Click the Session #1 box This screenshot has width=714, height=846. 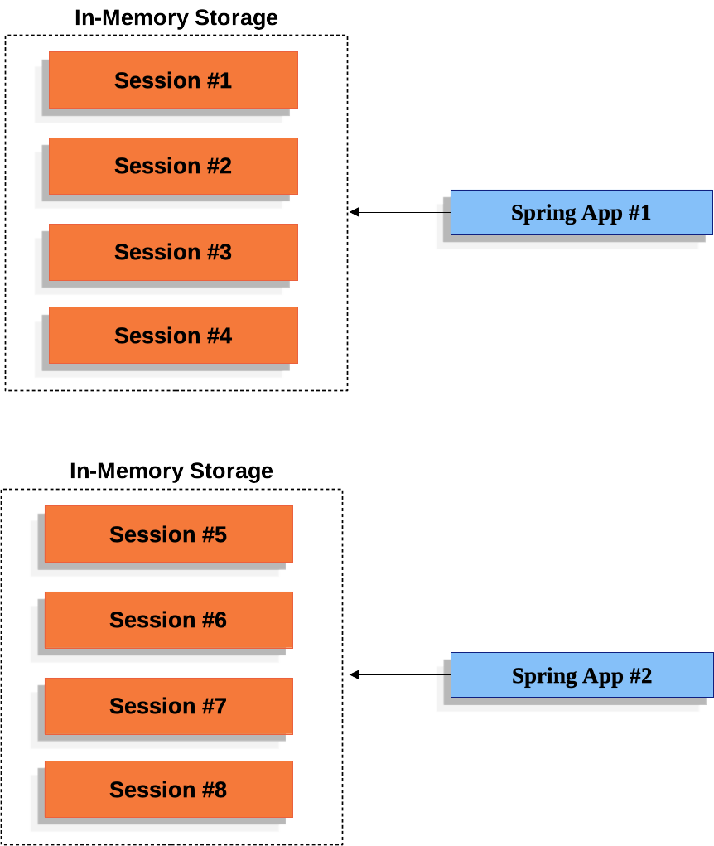coord(173,80)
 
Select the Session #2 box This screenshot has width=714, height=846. coord(173,166)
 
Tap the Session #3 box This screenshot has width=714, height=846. coord(173,252)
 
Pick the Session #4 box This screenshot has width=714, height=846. coord(173,336)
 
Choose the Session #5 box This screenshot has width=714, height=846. coord(168,534)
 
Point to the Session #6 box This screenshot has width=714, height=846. coord(168,620)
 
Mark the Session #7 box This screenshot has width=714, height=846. coord(168,706)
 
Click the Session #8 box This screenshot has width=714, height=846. coord(168,790)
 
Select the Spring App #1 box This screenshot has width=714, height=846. coord(581,213)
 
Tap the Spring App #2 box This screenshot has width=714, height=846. coord(581,675)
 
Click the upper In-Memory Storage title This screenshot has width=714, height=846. coord(176,18)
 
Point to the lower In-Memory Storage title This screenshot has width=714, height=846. coord(171,471)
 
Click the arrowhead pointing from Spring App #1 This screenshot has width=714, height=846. coord(355,213)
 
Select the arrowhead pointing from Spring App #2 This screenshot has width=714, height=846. coord(355,674)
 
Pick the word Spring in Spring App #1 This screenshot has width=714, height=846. coord(542,214)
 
